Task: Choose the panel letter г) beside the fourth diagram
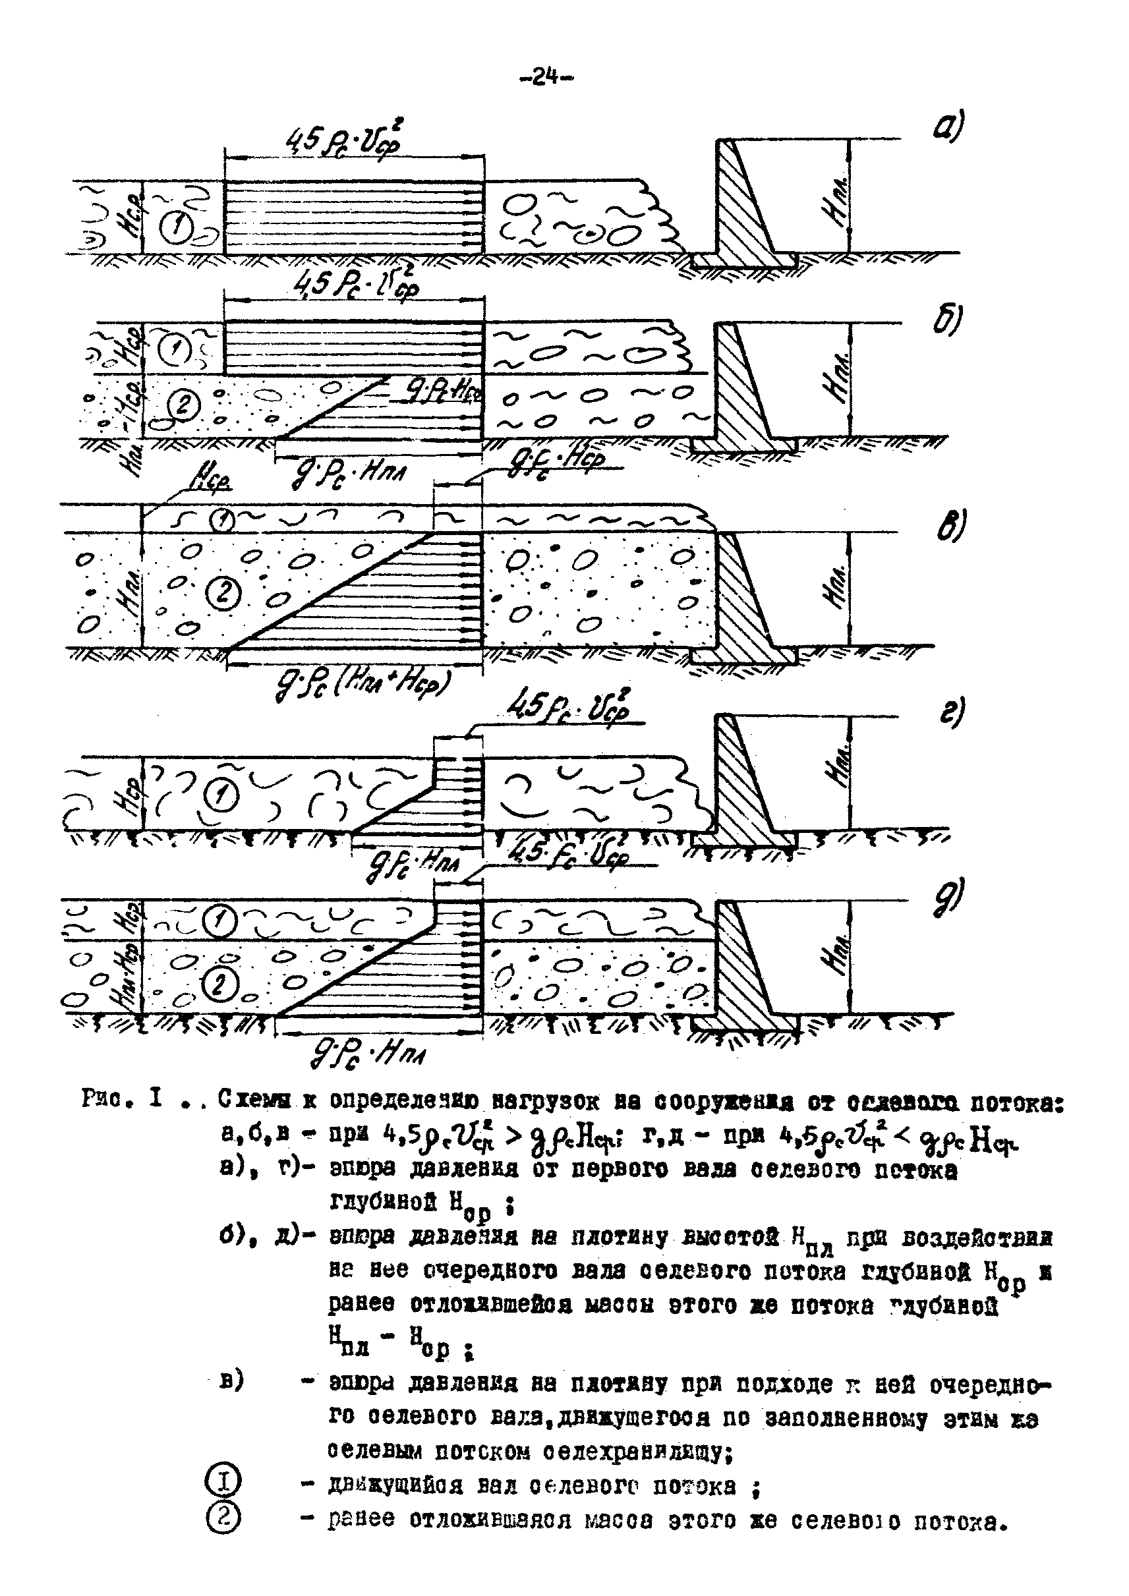click(951, 713)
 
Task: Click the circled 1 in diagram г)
click(221, 795)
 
